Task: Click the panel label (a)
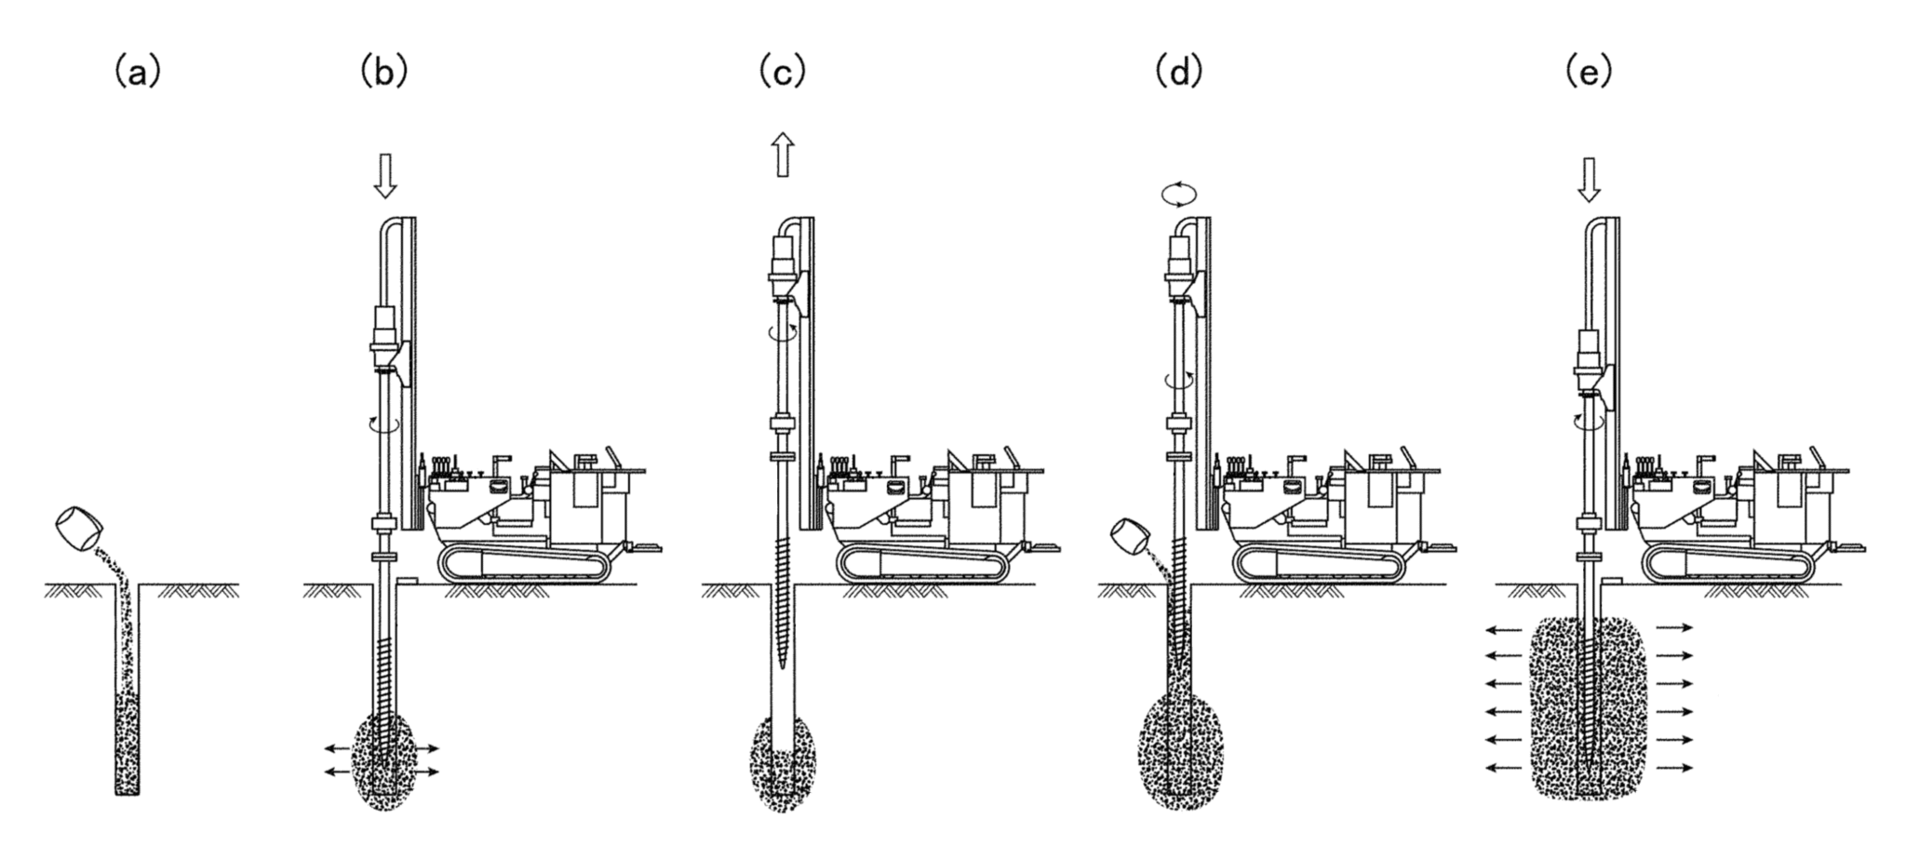point(137,72)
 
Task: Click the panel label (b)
point(384,72)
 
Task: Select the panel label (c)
point(782,72)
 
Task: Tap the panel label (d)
point(1178,72)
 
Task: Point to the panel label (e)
point(1589,72)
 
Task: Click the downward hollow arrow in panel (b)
point(384,176)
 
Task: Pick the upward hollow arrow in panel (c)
point(783,154)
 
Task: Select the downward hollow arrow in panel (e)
point(1590,180)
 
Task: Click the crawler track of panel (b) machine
point(527,565)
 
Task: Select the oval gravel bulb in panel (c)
point(783,763)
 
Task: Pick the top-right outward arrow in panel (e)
point(1674,627)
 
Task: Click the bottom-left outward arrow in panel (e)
point(1502,768)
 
